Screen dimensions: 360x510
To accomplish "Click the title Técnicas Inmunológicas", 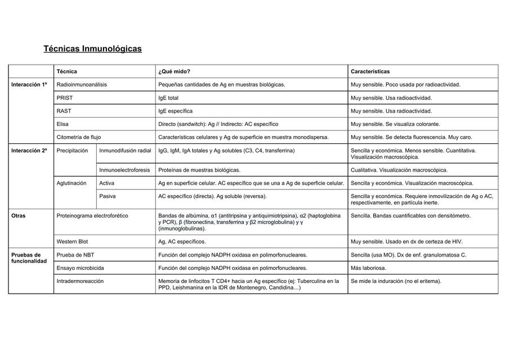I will pos(92,49).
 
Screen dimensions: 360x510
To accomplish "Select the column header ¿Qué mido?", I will pos(174,71).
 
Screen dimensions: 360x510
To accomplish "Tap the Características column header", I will pos(370,71).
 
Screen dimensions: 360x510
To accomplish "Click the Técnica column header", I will pos(67,71).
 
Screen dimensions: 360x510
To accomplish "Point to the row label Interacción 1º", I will pos(29,84).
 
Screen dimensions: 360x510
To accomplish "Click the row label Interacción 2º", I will pos(29,151).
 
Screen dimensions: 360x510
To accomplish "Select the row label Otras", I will pos(19,215).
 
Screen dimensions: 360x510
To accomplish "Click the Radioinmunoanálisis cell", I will pos(82,84).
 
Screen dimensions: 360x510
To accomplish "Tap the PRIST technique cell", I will pos(65,98).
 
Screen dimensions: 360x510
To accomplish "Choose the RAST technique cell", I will pos(64,111).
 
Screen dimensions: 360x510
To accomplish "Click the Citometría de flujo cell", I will pos(79,137).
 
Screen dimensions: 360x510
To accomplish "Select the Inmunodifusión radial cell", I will pos(125,151).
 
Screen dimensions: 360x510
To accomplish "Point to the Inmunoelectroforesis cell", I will pos(124,170).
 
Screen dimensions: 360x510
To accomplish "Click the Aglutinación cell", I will pos(72,183).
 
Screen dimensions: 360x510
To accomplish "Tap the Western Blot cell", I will pos(73,241).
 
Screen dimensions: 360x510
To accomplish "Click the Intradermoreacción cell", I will pos(80,281).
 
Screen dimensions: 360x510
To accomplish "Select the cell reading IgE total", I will pos(169,98).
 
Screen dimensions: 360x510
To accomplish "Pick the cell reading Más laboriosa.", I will pos(369,268).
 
